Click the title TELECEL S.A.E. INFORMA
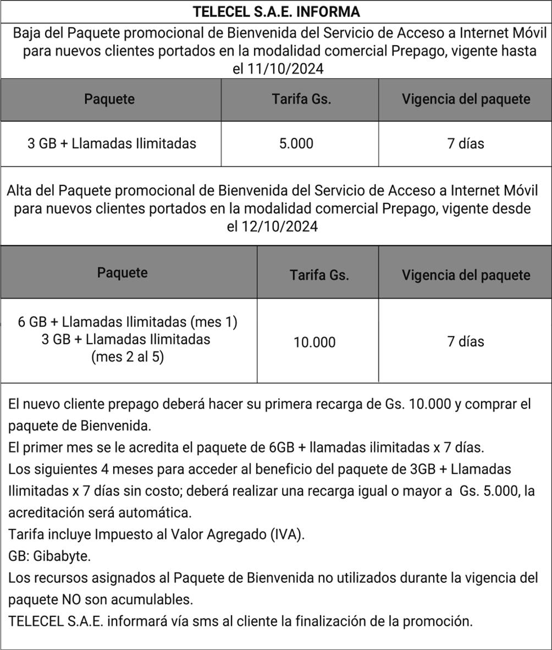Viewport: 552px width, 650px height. [x=276, y=12]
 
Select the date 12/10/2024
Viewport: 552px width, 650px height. [x=280, y=227]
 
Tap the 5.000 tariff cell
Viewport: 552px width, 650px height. [x=296, y=144]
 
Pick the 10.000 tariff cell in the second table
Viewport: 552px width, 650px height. [x=314, y=342]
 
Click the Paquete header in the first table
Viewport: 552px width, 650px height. [x=109, y=99]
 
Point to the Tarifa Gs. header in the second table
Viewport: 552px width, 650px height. [x=319, y=275]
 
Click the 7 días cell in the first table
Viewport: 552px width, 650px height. [x=465, y=144]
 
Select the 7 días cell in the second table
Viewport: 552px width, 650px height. [x=465, y=342]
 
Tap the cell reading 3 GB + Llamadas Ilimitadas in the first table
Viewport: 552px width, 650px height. [x=112, y=144]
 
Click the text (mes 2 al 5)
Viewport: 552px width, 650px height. [x=128, y=357]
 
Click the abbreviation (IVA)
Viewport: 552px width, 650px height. [x=287, y=534]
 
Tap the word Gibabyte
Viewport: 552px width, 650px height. [x=62, y=556]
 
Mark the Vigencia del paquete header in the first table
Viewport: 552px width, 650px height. [x=466, y=99]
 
